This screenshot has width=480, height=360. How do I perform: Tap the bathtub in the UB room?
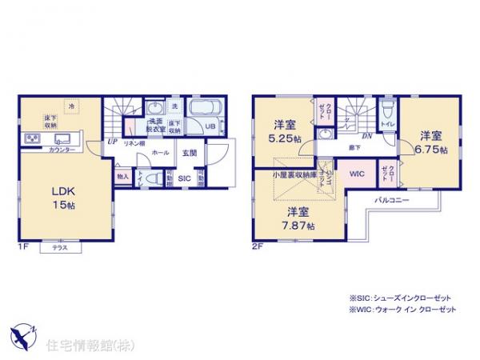(204, 107)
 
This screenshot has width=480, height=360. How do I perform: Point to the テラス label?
(59, 247)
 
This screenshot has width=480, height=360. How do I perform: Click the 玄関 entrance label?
(190, 151)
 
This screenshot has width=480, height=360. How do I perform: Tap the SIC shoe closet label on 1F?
(183, 178)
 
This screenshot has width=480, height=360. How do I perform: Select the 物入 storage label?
(122, 176)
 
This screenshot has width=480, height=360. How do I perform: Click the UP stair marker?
(112, 143)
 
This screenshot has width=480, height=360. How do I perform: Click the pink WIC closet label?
(355, 171)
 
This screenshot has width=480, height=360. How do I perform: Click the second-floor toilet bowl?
(386, 111)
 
